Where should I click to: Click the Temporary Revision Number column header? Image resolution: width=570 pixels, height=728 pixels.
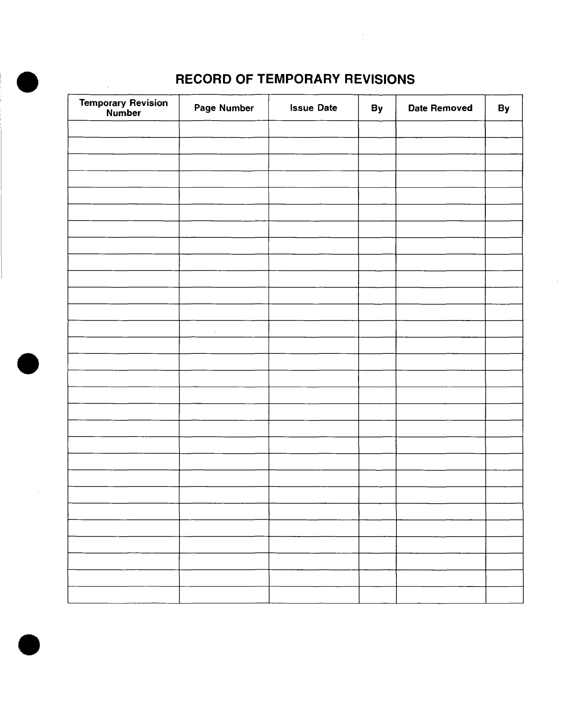[124, 108]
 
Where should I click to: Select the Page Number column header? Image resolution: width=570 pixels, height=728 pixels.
[224, 108]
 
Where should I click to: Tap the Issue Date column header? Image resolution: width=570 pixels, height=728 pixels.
[313, 108]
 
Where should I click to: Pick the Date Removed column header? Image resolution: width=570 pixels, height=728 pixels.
[440, 108]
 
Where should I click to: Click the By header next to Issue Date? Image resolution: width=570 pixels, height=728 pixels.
[377, 108]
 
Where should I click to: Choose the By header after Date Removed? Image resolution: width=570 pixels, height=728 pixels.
[504, 108]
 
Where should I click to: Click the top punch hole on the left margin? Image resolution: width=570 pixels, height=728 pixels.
[28, 83]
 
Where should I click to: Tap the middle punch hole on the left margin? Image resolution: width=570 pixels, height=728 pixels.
[29, 364]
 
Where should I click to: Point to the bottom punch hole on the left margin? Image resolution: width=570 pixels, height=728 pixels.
[29, 644]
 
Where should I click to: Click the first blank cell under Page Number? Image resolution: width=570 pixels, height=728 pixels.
[224, 129]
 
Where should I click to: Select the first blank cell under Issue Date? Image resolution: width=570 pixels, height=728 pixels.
[313, 129]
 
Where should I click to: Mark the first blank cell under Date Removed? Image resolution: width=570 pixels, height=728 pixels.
[440, 129]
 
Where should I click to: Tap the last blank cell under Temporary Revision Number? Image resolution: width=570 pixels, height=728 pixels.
[124, 595]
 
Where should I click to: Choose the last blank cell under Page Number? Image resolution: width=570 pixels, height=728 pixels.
[224, 595]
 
